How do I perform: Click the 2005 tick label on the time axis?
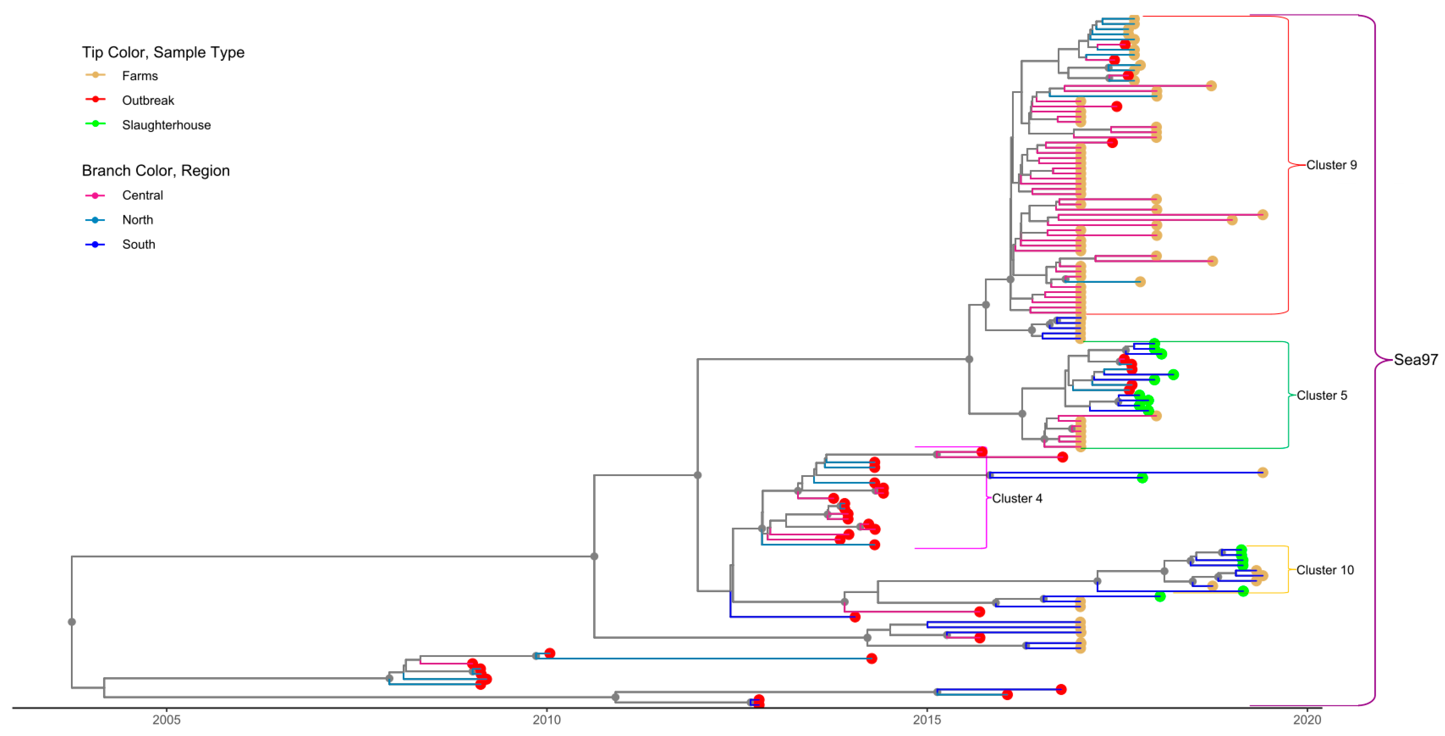(166, 720)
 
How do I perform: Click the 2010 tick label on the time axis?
(546, 720)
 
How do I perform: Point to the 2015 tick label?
(927, 720)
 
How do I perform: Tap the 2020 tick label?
(1307, 720)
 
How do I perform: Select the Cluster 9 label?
(1331, 165)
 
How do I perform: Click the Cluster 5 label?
(1322, 396)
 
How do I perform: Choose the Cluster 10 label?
(1325, 570)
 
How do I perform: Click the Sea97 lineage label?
(1415, 360)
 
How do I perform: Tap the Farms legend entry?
(140, 76)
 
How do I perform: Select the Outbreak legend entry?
(148, 101)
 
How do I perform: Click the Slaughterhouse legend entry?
(166, 125)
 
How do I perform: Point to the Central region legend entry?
(143, 195)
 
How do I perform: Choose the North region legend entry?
(137, 220)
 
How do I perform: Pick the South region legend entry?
(139, 245)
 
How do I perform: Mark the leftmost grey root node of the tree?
(72, 622)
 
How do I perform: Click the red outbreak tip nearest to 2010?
(550, 653)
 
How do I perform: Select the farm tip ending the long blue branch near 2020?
(1262, 472)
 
